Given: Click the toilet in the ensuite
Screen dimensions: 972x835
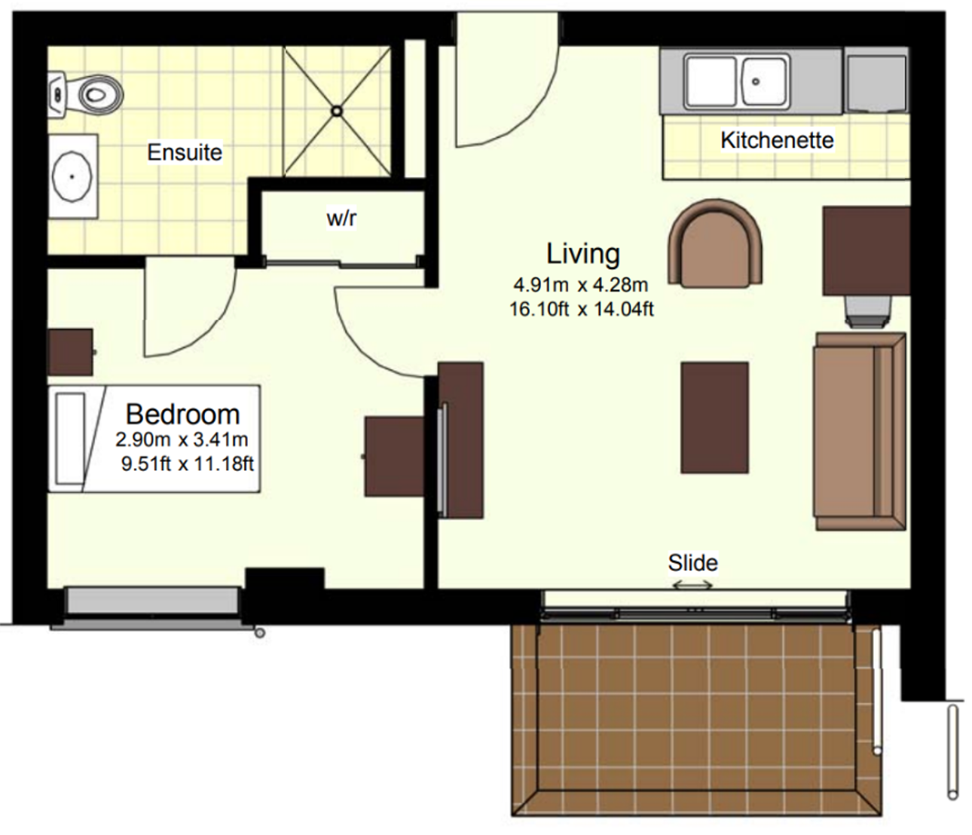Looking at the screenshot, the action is point(86,95).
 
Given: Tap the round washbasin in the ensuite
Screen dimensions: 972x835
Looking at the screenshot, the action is point(72,176).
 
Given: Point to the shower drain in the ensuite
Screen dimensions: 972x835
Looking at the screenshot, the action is point(337,112).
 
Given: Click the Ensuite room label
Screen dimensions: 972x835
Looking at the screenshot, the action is point(185,152).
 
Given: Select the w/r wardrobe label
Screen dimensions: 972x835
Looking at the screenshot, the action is point(341,219).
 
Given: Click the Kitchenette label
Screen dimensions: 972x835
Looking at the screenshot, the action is point(778,140).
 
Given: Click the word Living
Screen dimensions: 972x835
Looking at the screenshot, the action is point(583,254).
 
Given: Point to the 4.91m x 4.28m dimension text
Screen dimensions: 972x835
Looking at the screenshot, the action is point(581,285).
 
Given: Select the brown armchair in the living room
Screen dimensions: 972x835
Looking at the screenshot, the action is point(715,243).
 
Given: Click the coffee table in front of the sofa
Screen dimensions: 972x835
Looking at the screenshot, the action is point(714,417).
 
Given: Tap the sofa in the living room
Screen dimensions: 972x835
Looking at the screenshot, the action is point(860,431).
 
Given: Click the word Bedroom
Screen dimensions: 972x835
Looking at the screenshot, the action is point(183,414).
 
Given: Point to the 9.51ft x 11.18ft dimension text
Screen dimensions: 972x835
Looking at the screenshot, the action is point(187,463).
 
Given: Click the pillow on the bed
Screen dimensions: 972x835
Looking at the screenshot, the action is point(70,439).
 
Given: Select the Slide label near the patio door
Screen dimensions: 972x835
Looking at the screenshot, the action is point(693,563).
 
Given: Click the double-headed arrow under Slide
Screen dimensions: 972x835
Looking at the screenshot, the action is point(692,586).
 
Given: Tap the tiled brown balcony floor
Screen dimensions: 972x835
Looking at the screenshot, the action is point(696,722).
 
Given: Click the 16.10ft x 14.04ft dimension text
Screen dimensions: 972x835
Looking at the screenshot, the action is point(582,309).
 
